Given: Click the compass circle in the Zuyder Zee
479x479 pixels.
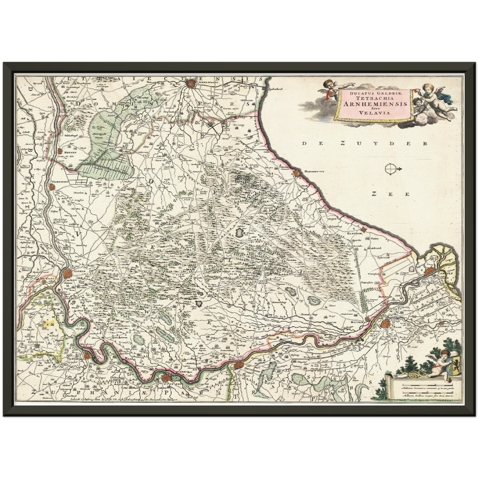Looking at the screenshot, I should tap(390, 169).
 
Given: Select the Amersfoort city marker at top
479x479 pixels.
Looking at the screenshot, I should tap(191, 83).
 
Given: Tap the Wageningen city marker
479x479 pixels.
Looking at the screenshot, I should tap(52, 187).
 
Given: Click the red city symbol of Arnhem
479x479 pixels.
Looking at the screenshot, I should tap(68, 273).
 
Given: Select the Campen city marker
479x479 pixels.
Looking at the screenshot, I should tap(429, 271).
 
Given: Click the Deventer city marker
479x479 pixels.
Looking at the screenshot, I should tap(238, 366).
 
